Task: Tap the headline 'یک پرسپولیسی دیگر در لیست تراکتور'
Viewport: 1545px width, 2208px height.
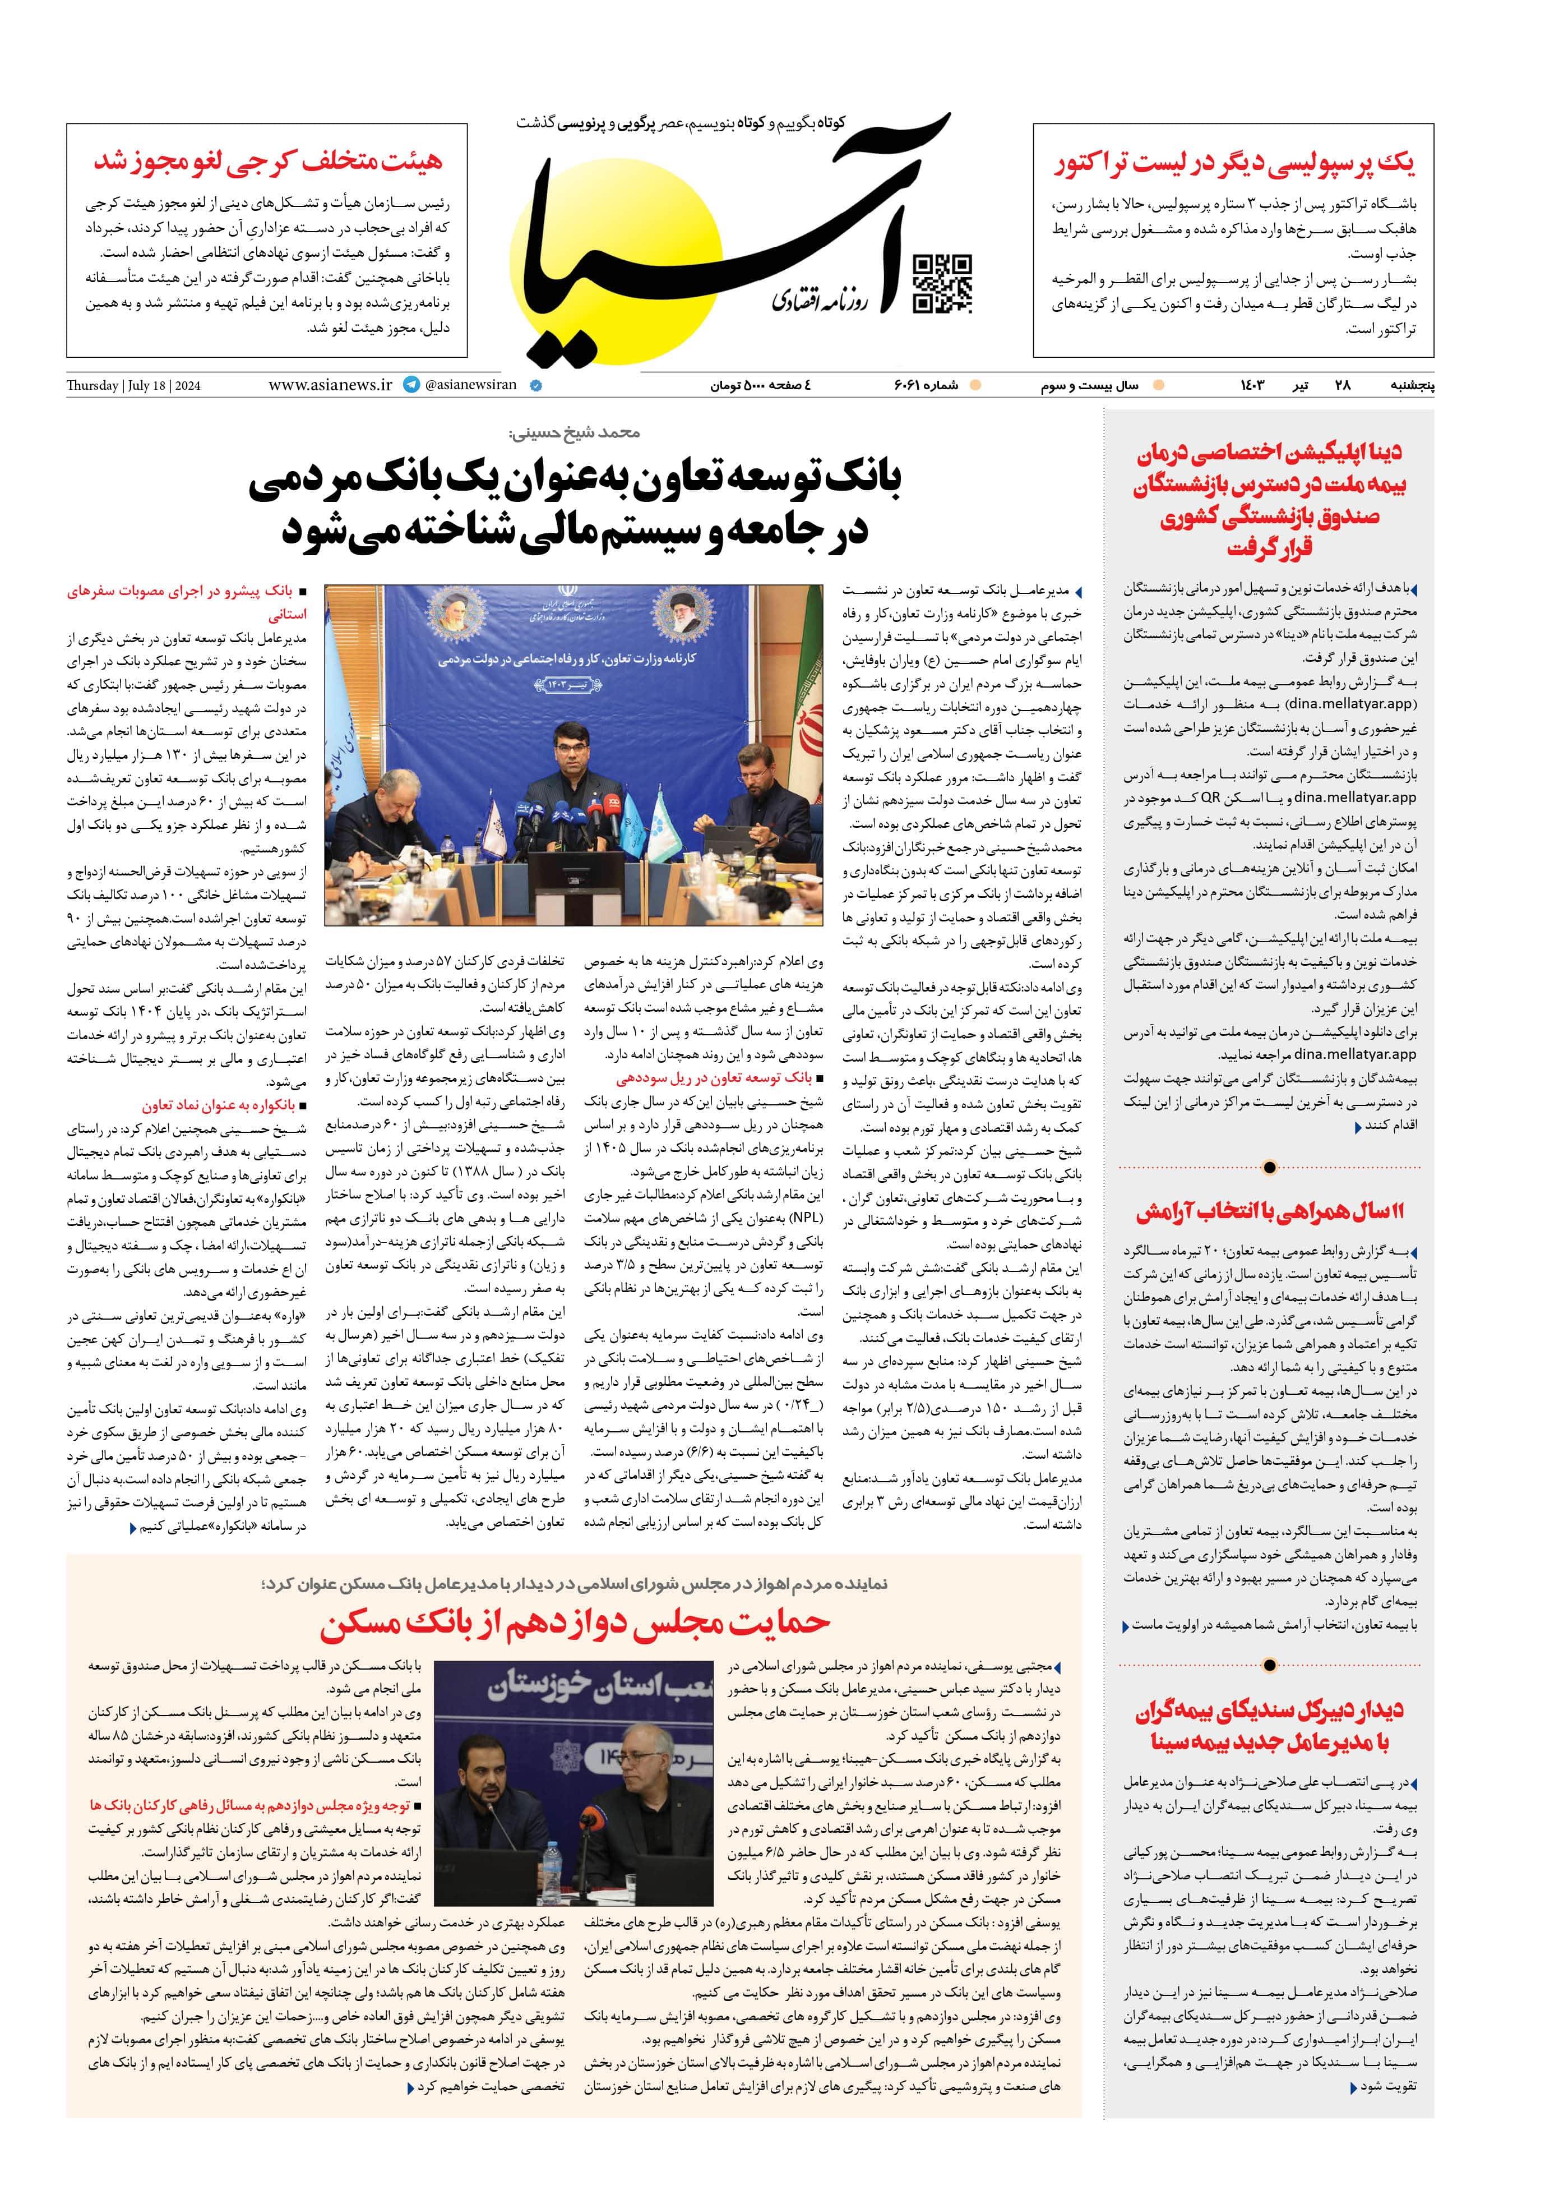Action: click(1233, 164)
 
